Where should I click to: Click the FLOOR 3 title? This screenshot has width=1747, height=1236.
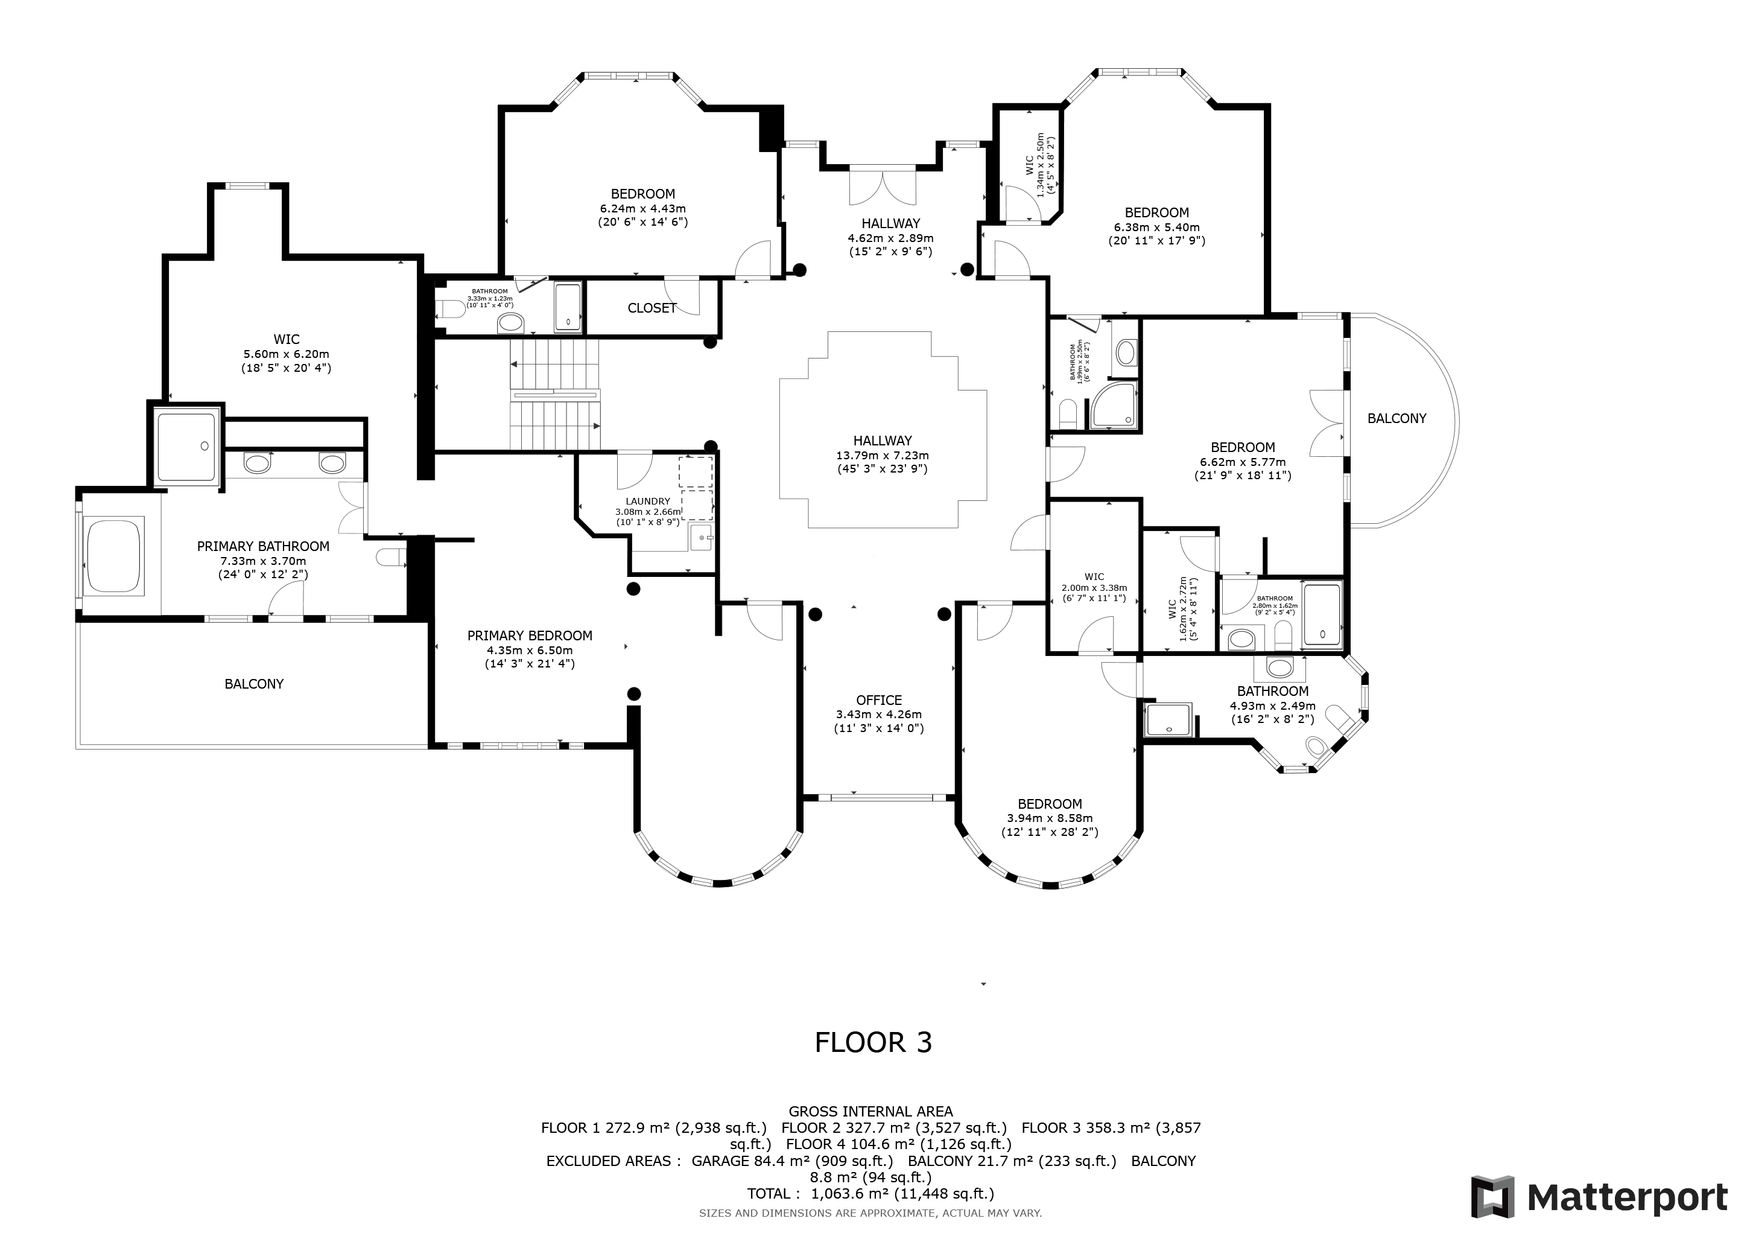point(873,1042)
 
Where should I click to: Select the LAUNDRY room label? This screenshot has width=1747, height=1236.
point(647,502)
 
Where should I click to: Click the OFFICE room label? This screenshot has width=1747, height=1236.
point(879,700)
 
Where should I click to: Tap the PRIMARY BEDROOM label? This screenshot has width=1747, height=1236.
point(530,636)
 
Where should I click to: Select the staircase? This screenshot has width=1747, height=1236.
point(556,395)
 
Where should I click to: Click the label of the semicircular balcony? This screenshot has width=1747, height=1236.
point(1397,418)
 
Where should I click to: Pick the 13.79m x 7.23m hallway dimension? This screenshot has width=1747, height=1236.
point(883,455)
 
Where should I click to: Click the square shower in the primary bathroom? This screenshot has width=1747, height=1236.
point(186,446)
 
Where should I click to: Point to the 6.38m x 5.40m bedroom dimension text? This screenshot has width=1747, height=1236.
point(1156,227)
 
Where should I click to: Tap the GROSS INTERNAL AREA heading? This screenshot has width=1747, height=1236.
point(870,1112)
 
